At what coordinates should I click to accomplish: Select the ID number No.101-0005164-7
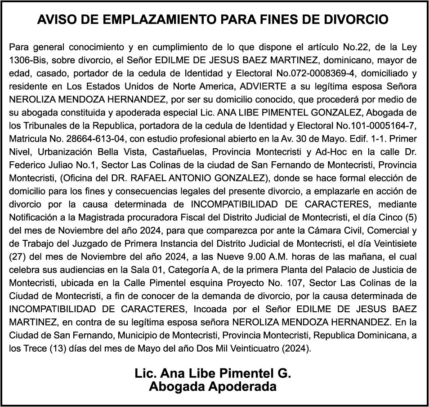coord(382,125)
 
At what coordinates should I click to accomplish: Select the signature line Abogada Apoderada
coord(213,386)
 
